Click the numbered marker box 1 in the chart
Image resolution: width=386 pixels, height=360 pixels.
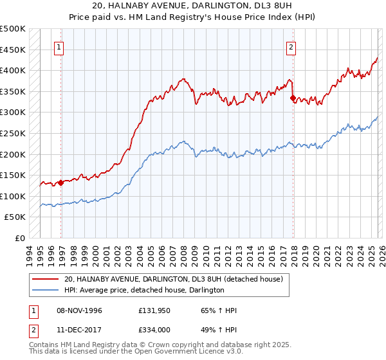(59, 47)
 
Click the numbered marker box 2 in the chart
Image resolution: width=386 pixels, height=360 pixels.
(291, 47)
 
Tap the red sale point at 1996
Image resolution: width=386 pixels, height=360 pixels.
(61, 183)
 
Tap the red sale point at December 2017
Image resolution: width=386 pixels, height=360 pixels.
(293, 98)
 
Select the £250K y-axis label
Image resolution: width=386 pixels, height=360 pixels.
(13, 133)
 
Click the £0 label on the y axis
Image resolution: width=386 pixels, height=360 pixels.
(19, 238)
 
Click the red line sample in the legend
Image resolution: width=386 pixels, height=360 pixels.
(46, 278)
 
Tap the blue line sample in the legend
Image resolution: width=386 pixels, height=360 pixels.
(46, 290)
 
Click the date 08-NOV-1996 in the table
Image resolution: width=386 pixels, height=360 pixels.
(76, 310)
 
